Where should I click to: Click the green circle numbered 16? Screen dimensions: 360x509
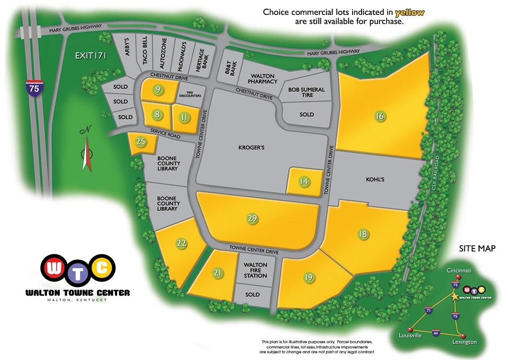[380, 116]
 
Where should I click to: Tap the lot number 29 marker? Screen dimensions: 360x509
[252, 218]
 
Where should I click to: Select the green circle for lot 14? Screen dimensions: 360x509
[304, 181]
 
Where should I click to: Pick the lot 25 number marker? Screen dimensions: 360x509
[141, 142]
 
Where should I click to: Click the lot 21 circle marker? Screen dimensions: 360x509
[218, 274]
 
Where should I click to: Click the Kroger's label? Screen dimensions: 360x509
[251, 148]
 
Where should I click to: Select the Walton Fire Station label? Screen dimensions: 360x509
[255, 270]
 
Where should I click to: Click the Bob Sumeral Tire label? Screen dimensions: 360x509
[307, 92]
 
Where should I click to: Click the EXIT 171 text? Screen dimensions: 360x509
[90, 56]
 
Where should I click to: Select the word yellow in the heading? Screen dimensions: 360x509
[409, 12]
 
